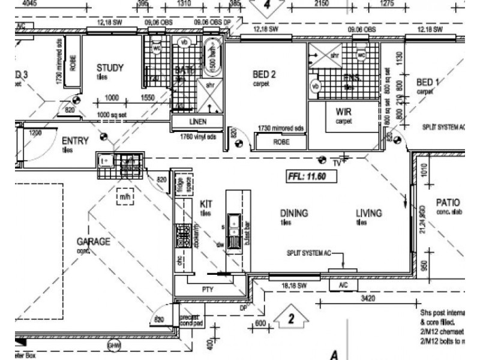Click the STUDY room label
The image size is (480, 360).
[x=110, y=68]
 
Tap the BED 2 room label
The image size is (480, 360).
[x=263, y=74]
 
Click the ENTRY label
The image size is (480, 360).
[x=76, y=141]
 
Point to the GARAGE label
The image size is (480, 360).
[x=93, y=242]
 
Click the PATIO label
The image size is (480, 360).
[x=448, y=203]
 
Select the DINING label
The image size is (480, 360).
[x=294, y=213]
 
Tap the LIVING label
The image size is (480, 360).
[x=368, y=213]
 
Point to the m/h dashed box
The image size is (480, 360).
[x=125, y=196]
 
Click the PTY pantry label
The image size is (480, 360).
[x=208, y=289]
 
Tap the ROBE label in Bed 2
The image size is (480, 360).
[x=281, y=143]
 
